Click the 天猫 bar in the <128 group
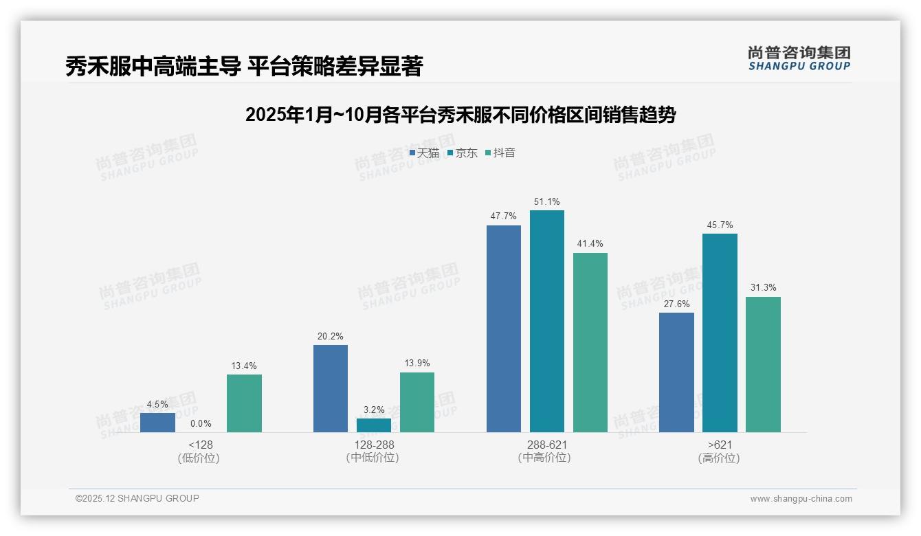[157, 422]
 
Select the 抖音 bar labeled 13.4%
[244, 403]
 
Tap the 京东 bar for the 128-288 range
[373, 425]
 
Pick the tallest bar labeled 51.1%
[546, 321]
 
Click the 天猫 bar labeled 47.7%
[503, 328]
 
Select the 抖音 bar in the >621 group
[763, 364]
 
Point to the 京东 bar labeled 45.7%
[720, 333]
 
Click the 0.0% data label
[201, 424]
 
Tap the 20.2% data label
[330, 337]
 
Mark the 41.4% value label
[590, 244]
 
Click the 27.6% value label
[676, 304]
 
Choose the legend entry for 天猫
[424, 153]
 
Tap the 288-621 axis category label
[546, 445]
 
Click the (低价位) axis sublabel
[199, 458]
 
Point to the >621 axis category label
[719, 445]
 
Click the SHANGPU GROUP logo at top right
[799, 58]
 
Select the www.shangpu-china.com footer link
[801, 499]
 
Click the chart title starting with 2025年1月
[460, 115]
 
